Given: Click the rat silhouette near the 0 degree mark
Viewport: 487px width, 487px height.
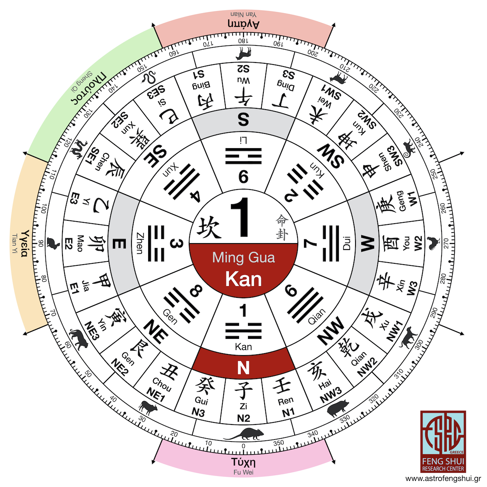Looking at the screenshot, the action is pyautogui.click(x=243, y=434).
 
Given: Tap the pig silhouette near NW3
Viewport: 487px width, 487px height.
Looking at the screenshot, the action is pyautogui.click(x=338, y=407).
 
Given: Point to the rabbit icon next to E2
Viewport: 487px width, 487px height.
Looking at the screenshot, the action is pyautogui.click(x=53, y=243).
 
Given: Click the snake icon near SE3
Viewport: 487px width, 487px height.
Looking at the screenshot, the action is pyautogui.click(x=149, y=78).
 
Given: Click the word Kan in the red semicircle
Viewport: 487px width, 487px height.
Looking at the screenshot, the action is pyautogui.click(x=243, y=279).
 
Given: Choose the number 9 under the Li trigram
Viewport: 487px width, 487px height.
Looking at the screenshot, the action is pyautogui.click(x=243, y=177).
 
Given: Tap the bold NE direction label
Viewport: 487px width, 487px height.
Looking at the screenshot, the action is pyautogui.click(x=156, y=331).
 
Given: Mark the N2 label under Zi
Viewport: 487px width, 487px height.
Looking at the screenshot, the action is pyautogui.click(x=243, y=418).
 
